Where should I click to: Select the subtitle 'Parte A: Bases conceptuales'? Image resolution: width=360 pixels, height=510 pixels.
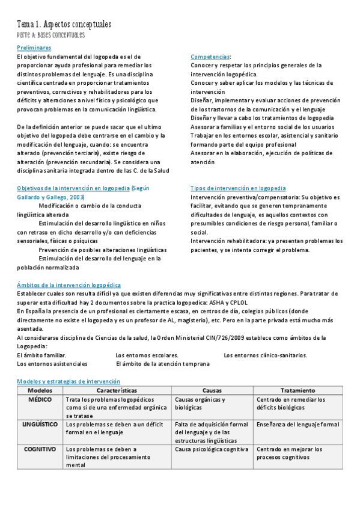coord(50,35)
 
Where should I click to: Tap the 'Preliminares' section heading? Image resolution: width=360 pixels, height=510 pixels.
coord(34,48)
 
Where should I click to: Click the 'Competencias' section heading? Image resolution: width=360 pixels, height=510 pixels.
coord(210,57)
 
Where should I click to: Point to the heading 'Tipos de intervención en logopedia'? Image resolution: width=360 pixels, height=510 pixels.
coord(238,188)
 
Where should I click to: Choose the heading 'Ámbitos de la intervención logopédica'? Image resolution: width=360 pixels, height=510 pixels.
coord(69,285)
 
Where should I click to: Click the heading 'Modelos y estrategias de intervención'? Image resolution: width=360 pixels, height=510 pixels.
coord(68,381)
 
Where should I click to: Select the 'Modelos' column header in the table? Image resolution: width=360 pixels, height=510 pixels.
coord(40,390)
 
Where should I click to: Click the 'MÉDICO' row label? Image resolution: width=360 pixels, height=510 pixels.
coord(40,399)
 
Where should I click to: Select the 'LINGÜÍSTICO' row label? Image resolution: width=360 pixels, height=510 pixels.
coord(40,424)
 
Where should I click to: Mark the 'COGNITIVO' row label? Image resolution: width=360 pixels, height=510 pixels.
coord(40,449)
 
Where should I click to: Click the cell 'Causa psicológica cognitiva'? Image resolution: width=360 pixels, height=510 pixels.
coord(212,449)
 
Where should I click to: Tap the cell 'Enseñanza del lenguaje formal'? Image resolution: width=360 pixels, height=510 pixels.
coord(297,424)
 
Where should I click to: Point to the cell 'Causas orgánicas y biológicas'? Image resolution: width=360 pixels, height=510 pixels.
coord(200,403)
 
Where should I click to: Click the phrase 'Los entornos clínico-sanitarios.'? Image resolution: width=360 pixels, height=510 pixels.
coord(265,355)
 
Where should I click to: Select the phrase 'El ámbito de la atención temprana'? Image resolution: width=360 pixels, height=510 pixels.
coord(162,364)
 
